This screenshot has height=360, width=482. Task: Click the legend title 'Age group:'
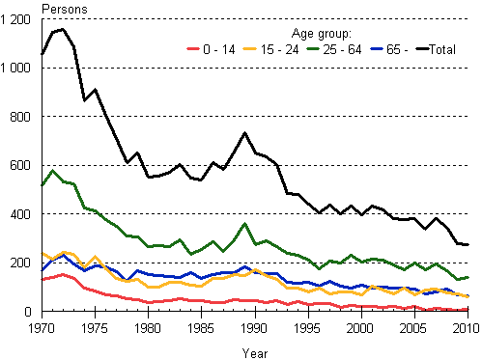point(323,32)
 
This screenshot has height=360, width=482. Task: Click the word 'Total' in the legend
point(441,48)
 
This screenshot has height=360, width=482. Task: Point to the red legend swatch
point(192,48)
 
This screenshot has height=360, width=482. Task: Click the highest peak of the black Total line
point(63,29)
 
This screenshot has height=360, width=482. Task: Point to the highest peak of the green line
point(52,171)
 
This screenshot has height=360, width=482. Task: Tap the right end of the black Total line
point(468,245)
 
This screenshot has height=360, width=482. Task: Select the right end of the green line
point(468,276)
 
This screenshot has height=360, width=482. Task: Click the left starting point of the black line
point(43,55)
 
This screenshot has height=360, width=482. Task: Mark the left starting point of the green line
point(43,185)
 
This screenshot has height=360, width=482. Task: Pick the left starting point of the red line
point(43,279)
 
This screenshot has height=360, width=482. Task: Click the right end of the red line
point(468,309)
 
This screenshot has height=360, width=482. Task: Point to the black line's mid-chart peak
point(245,133)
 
